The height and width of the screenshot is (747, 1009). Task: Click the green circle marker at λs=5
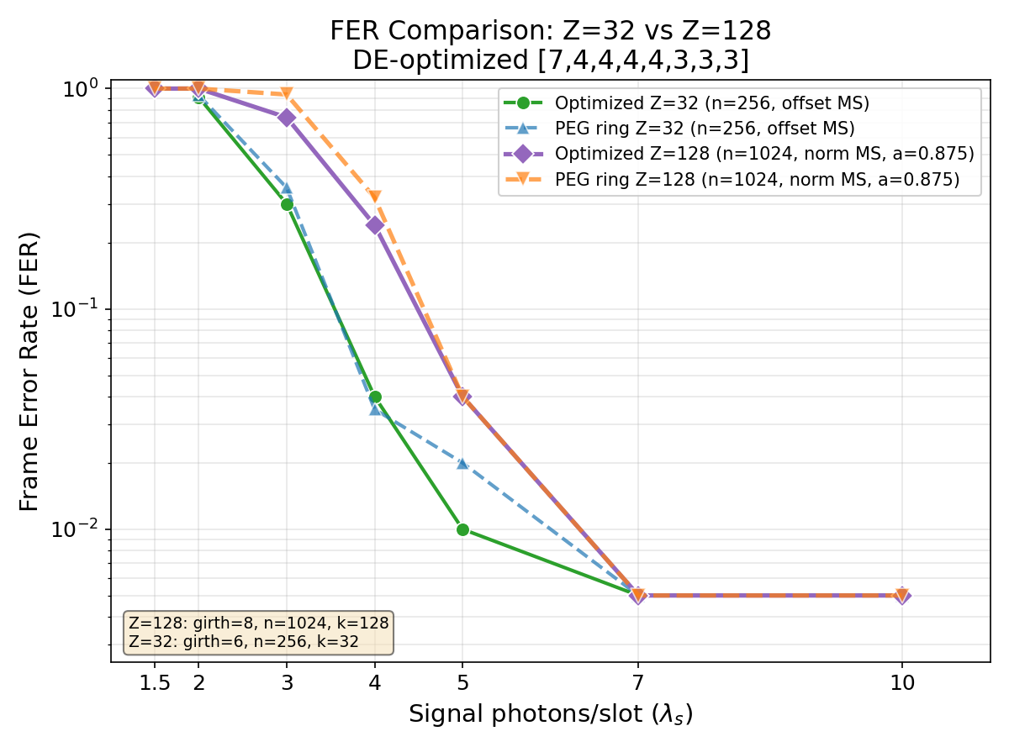pyautogui.click(x=462, y=529)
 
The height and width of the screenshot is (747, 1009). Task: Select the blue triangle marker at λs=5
pyautogui.click(x=462, y=463)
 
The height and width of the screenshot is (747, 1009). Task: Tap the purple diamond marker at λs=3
pyautogui.click(x=287, y=118)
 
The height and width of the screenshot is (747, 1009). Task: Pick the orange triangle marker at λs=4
pyautogui.click(x=375, y=197)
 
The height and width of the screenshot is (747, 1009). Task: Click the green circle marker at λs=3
pyautogui.click(x=287, y=204)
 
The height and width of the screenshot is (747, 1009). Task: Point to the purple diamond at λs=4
pyautogui.click(x=375, y=225)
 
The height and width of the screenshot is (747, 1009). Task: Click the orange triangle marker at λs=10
pyautogui.click(x=901, y=596)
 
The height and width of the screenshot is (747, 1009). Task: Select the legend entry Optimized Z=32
pyautogui.click(x=711, y=103)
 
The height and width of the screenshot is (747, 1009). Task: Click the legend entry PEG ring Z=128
pyautogui.click(x=757, y=179)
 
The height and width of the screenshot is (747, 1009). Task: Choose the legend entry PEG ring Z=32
pyautogui.click(x=705, y=129)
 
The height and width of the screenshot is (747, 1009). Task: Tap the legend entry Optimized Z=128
pyautogui.click(x=763, y=154)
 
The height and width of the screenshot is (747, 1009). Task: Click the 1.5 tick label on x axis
pyautogui.click(x=155, y=682)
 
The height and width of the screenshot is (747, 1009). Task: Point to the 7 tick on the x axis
pyautogui.click(x=638, y=682)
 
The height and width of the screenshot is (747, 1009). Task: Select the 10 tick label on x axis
pyautogui.click(x=901, y=682)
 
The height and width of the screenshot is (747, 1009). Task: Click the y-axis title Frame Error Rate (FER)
pyautogui.click(x=29, y=371)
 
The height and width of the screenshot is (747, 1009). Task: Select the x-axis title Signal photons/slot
pyautogui.click(x=551, y=715)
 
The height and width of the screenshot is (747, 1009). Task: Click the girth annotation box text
pyautogui.click(x=259, y=632)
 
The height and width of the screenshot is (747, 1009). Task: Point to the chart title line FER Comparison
pyautogui.click(x=551, y=31)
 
